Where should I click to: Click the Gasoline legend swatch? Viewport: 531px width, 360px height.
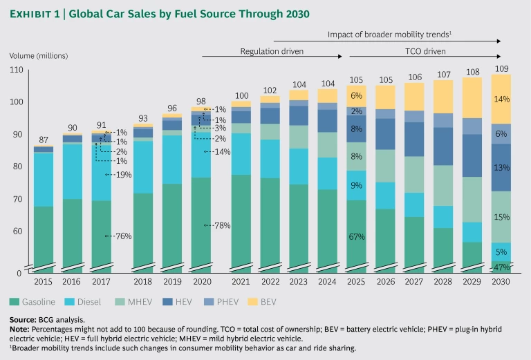point(15,301)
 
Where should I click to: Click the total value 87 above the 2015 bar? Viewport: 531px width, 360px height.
point(44,140)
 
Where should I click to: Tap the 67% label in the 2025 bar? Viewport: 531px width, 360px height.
point(357,237)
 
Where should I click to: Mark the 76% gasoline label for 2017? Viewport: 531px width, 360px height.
point(123,236)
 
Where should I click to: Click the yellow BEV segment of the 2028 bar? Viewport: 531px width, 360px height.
point(444,97)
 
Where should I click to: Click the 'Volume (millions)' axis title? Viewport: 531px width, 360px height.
point(38,55)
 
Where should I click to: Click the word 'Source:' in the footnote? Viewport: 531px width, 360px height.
point(24,320)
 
